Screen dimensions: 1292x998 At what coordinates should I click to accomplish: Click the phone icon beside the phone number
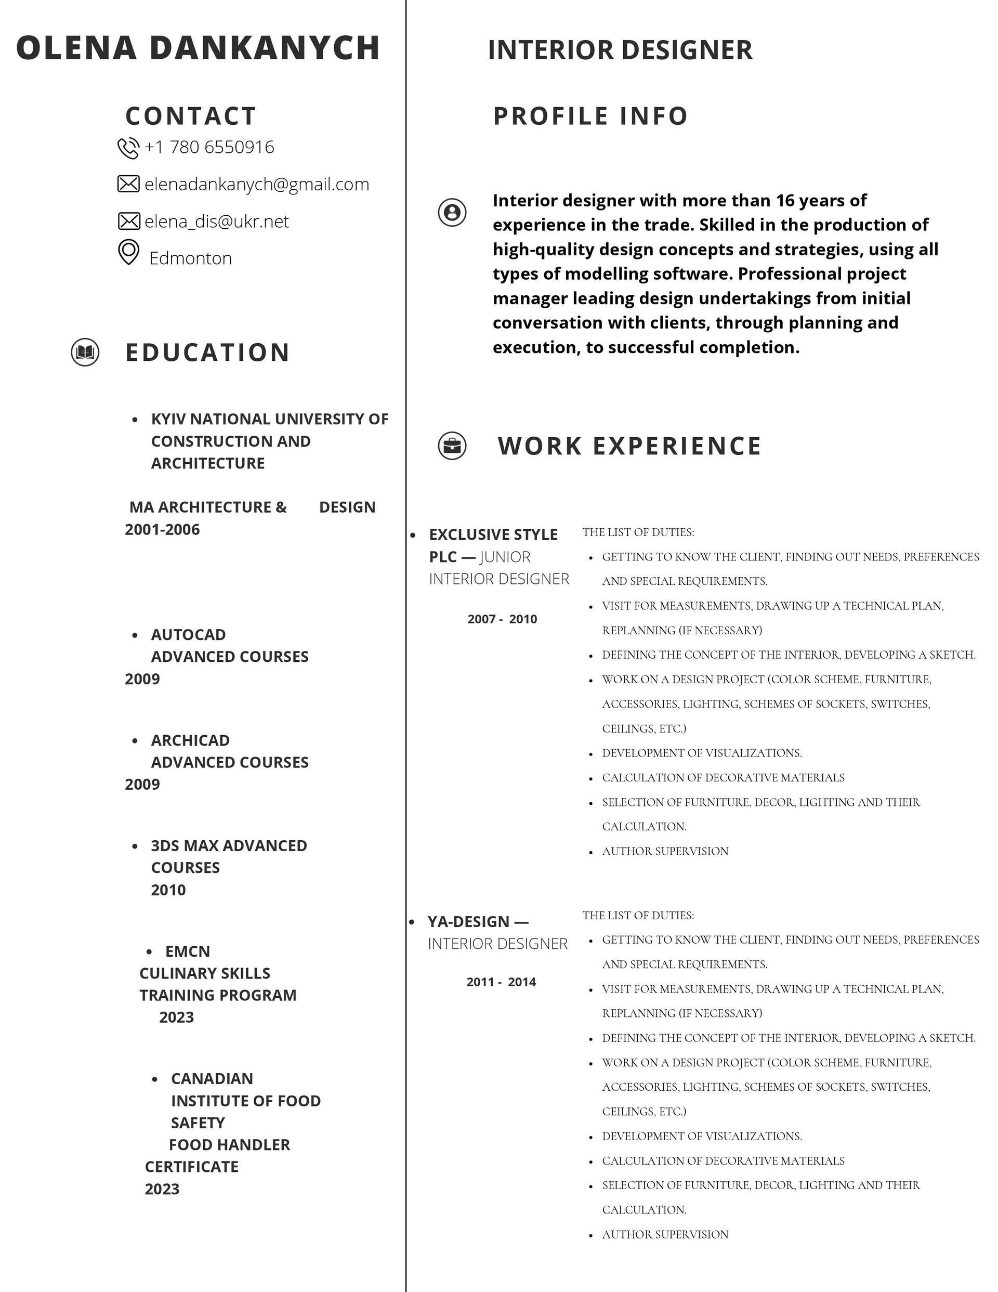click(x=128, y=148)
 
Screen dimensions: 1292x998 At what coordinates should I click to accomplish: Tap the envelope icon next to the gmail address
click(x=128, y=184)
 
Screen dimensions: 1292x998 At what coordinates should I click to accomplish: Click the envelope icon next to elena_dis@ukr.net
click(x=128, y=221)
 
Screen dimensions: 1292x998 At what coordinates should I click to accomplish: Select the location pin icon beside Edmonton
click(x=128, y=253)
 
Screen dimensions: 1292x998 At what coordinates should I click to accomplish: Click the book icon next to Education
click(x=85, y=353)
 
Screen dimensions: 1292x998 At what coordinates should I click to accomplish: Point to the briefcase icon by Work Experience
click(x=452, y=446)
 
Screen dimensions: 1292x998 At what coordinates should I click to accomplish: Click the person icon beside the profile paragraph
click(x=452, y=212)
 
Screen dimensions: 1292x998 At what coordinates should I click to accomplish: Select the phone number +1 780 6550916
click(x=209, y=147)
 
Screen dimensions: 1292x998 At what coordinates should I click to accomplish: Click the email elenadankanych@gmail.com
click(x=257, y=185)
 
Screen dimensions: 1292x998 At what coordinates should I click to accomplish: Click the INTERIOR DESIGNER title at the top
click(x=620, y=50)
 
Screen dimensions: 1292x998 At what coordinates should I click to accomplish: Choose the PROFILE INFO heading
click(x=590, y=116)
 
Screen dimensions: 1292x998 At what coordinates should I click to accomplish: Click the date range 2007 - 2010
click(x=502, y=619)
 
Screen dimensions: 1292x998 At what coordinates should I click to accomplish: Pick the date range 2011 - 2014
click(x=501, y=982)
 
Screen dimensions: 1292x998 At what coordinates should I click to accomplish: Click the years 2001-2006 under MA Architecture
click(x=162, y=529)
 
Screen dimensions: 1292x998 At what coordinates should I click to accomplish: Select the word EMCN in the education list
click(x=188, y=951)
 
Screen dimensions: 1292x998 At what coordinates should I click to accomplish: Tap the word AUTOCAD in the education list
click(x=188, y=635)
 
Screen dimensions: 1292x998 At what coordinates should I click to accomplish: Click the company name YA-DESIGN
click(x=468, y=922)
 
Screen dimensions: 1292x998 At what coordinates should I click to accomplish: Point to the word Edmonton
click(x=190, y=258)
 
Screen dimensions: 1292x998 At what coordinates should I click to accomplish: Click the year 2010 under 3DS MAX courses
click(x=168, y=890)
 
